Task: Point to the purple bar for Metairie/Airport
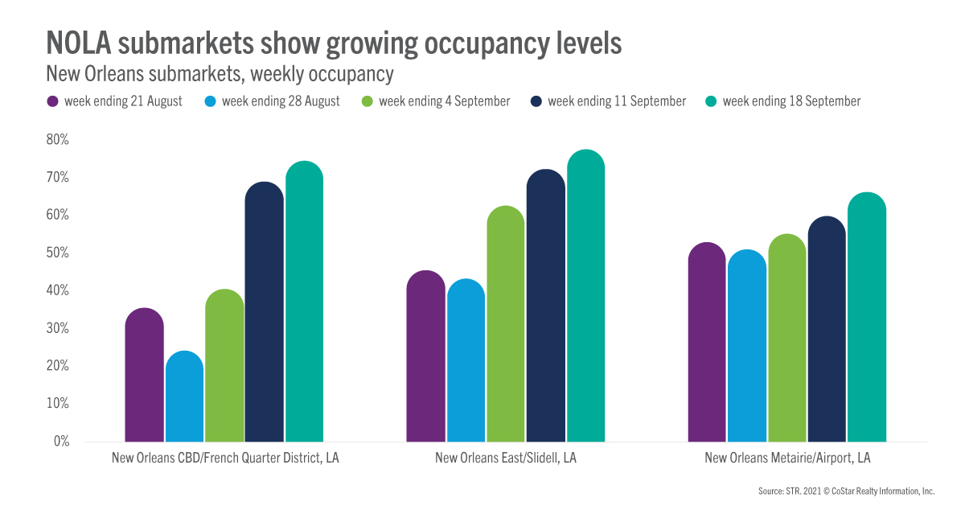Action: (708, 342)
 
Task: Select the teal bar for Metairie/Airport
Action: (867, 317)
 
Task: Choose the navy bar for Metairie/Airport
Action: (827, 329)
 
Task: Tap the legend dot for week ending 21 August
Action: (52, 102)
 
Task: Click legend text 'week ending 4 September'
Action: (445, 101)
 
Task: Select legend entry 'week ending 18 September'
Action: (791, 101)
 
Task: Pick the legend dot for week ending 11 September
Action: (536, 102)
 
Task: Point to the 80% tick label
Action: (59, 139)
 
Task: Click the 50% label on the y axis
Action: (59, 253)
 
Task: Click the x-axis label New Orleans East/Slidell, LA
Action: (506, 459)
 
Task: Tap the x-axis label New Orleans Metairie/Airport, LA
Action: (787, 459)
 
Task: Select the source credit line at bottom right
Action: (846, 490)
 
